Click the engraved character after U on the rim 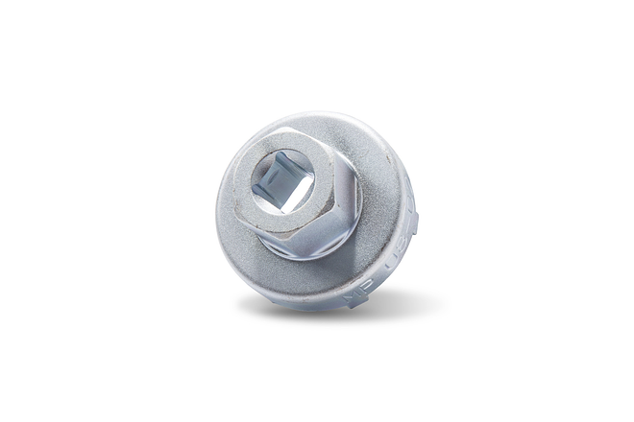tap(402, 248)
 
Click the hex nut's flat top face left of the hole tap(244, 187)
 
